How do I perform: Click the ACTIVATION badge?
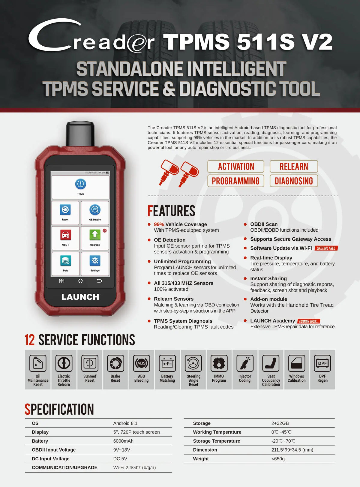(236, 166)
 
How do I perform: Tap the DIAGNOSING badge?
(294, 181)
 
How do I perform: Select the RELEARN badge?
(294, 166)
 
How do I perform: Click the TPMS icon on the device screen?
(81, 184)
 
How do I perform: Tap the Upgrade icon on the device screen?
(95, 235)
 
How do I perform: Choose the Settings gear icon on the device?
(95, 261)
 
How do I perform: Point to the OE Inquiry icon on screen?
(95, 209)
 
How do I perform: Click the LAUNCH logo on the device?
(80, 297)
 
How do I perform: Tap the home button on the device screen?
(80, 281)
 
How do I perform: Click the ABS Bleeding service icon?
(142, 363)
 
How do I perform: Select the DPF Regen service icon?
(322, 363)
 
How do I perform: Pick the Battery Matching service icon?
(167, 363)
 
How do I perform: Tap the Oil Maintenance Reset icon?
(38, 363)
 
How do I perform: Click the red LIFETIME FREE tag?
(326, 248)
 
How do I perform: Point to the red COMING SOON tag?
(309, 321)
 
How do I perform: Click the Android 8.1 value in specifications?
(125, 423)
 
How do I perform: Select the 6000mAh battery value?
(123, 441)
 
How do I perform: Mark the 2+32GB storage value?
(280, 423)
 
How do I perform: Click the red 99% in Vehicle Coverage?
(159, 224)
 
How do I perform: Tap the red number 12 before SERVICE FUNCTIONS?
(30, 340)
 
